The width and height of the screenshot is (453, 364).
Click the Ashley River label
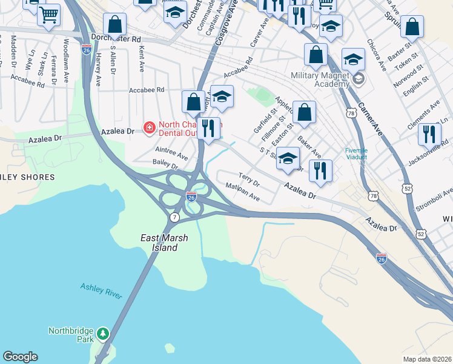coord(101,291)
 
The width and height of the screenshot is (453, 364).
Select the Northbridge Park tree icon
coord(103,333)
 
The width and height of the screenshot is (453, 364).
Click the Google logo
coord(20,357)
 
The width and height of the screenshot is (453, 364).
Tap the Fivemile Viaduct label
coord(361,154)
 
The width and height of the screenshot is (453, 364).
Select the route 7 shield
coord(174,217)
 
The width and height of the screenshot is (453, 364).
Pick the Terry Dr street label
coord(249,180)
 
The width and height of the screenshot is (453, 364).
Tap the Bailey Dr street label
coord(165,164)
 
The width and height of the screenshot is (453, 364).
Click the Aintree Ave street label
coord(171,153)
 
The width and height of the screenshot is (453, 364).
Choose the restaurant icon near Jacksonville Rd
coord(429,133)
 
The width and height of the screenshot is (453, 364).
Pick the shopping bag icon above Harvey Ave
coord(114,25)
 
